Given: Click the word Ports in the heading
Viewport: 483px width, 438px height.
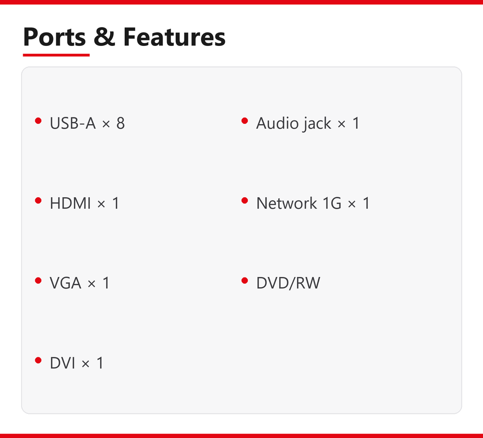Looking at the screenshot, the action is pos(54,37).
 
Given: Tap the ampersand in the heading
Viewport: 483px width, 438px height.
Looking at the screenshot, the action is pos(104,37).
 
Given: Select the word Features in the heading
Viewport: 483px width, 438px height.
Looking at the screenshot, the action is pos(174,37).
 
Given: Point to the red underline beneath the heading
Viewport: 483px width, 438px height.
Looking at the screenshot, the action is pos(56,55).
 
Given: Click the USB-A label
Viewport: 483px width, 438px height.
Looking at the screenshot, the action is pos(73,123).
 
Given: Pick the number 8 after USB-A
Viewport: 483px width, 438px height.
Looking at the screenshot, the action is pos(120,123).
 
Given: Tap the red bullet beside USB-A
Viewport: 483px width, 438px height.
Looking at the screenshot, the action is pos(38,120).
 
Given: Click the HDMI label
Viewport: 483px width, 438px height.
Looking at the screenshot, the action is pos(70,204).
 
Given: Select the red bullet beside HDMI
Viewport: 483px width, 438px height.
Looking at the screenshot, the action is pos(38,201).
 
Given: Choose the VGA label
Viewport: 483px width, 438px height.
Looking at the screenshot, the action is pos(66,283).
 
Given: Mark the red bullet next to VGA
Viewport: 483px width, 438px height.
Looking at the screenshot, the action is pos(38,280).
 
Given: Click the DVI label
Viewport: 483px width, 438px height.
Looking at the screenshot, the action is pos(62,363).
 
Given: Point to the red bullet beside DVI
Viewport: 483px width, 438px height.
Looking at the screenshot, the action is pos(38,360).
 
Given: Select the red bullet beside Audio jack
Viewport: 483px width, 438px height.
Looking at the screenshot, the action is pos(244,120).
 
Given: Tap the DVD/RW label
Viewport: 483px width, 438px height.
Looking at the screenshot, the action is pos(288,283).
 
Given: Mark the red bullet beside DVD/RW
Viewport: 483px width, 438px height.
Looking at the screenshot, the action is pos(244,280).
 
